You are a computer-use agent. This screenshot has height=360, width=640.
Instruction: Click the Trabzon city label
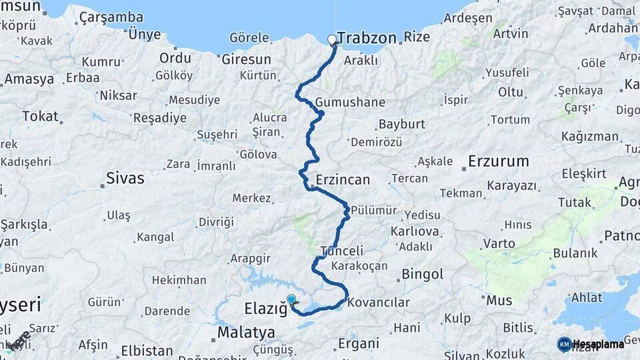367,38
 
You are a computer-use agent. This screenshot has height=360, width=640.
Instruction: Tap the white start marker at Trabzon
333,39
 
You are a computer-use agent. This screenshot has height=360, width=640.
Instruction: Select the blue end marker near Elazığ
291,300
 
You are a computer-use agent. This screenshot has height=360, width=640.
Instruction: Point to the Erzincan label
343,180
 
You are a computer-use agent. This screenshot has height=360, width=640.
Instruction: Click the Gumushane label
351,103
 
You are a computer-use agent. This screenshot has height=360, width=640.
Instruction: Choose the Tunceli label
342,251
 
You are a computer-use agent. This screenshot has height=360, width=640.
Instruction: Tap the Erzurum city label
498,161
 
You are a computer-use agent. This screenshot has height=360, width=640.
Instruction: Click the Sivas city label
125,179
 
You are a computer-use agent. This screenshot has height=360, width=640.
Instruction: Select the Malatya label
246,332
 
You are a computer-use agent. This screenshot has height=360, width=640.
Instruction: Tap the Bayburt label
401,125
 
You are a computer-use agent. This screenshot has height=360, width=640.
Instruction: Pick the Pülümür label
373,210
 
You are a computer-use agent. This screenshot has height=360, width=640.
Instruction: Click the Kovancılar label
378,302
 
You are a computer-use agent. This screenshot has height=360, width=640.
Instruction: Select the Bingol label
422,274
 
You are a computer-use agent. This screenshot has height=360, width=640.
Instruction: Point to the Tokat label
40,116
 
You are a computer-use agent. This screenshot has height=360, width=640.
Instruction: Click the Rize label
417,37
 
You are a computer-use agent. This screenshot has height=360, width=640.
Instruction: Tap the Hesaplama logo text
599,344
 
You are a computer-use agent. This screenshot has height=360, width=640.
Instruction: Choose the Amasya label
29,79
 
